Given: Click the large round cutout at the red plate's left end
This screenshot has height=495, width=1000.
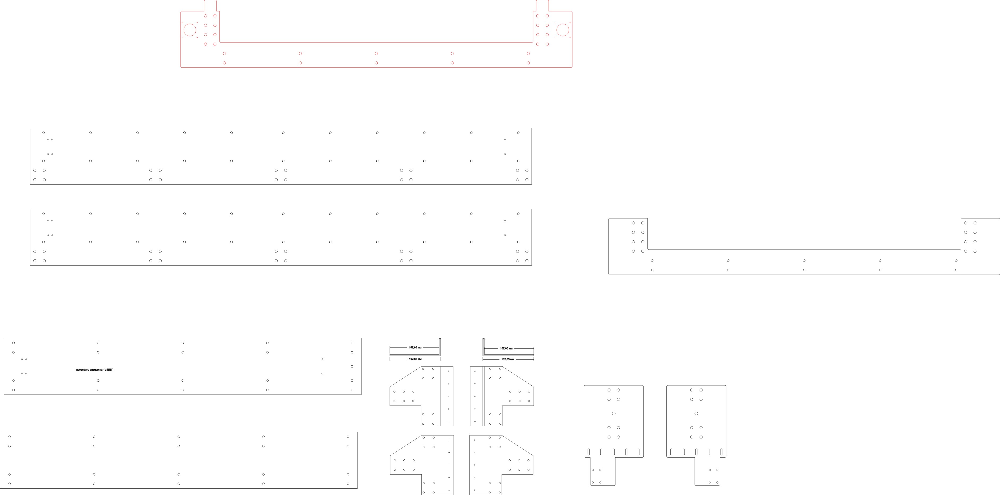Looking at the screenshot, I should coord(190,30).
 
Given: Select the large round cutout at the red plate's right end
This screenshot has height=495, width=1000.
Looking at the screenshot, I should coord(563,30).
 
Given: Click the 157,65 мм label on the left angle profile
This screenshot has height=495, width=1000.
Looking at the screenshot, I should coord(415,348).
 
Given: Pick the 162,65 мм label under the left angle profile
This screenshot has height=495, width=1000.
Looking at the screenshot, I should coord(415,359).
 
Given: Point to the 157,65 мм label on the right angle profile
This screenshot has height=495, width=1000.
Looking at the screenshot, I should coord(506,348).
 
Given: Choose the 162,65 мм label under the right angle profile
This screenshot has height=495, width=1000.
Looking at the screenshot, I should coord(507,359).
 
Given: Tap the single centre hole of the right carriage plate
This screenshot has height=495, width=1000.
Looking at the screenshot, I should coord(696,413).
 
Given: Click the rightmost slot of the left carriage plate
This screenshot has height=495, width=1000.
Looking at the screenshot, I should coord(639,452).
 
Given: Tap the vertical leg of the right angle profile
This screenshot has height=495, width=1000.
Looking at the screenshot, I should coord(484,346).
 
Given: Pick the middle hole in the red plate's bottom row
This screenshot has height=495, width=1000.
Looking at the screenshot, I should coord(376,63).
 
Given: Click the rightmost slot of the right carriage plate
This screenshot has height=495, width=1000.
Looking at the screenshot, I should coord(721,452).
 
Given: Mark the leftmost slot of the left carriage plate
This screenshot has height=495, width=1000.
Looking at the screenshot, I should coord(589,452).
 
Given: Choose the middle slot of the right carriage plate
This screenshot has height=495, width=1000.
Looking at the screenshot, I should coord(696,452).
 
